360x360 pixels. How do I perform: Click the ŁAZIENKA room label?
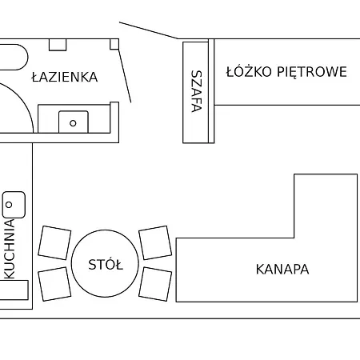[65, 77]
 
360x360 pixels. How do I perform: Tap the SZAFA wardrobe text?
[197, 91]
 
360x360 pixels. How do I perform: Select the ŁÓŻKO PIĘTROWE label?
[286, 71]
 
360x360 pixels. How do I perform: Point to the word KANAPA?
[282, 269]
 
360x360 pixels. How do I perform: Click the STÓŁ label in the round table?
[106, 264]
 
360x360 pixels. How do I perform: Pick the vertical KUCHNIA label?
[10, 249]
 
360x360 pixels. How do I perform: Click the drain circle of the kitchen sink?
[9, 205]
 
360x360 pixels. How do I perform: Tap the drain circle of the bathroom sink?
[73, 123]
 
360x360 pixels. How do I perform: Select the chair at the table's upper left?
[54, 242]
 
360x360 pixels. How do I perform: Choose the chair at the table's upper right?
[155, 242]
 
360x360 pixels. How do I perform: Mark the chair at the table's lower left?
[54, 284]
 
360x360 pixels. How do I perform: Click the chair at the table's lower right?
[155, 284]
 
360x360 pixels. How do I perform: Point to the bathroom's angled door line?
[125, 75]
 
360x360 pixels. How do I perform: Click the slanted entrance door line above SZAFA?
[149, 30]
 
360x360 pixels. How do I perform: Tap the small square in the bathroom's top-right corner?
[114, 44]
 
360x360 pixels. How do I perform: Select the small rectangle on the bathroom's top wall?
[58, 45]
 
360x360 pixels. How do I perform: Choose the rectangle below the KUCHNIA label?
[14, 290]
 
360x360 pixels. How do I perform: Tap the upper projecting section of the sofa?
[326, 206]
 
